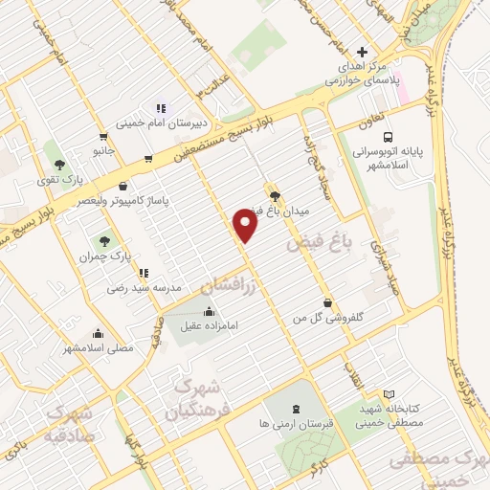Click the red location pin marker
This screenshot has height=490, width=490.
pyautogui.click(x=246, y=226)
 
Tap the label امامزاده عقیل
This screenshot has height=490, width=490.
pyautogui.click(x=212, y=325)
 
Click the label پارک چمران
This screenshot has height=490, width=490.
pyautogui.click(x=103, y=257)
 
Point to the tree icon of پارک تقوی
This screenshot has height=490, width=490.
pyautogui.click(x=59, y=164)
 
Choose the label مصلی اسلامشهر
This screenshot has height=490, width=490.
pyautogui.click(x=99, y=348)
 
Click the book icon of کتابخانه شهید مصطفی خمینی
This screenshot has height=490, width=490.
pyautogui.click(x=388, y=394)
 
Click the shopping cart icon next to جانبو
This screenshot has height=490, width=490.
pyautogui.click(x=103, y=137)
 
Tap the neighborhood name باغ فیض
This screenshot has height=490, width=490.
pyautogui.click(x=321, y=244)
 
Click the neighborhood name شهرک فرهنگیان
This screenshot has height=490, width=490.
pyautogui.click(x=199, y=400)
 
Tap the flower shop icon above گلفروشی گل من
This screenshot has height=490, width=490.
pyautogui.click(x=328, y=301)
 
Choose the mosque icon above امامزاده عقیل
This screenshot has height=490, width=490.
pyautogui.click(x=210, y=310)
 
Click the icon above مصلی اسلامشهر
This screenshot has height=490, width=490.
pyautogui.click(x=99, y=334)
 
